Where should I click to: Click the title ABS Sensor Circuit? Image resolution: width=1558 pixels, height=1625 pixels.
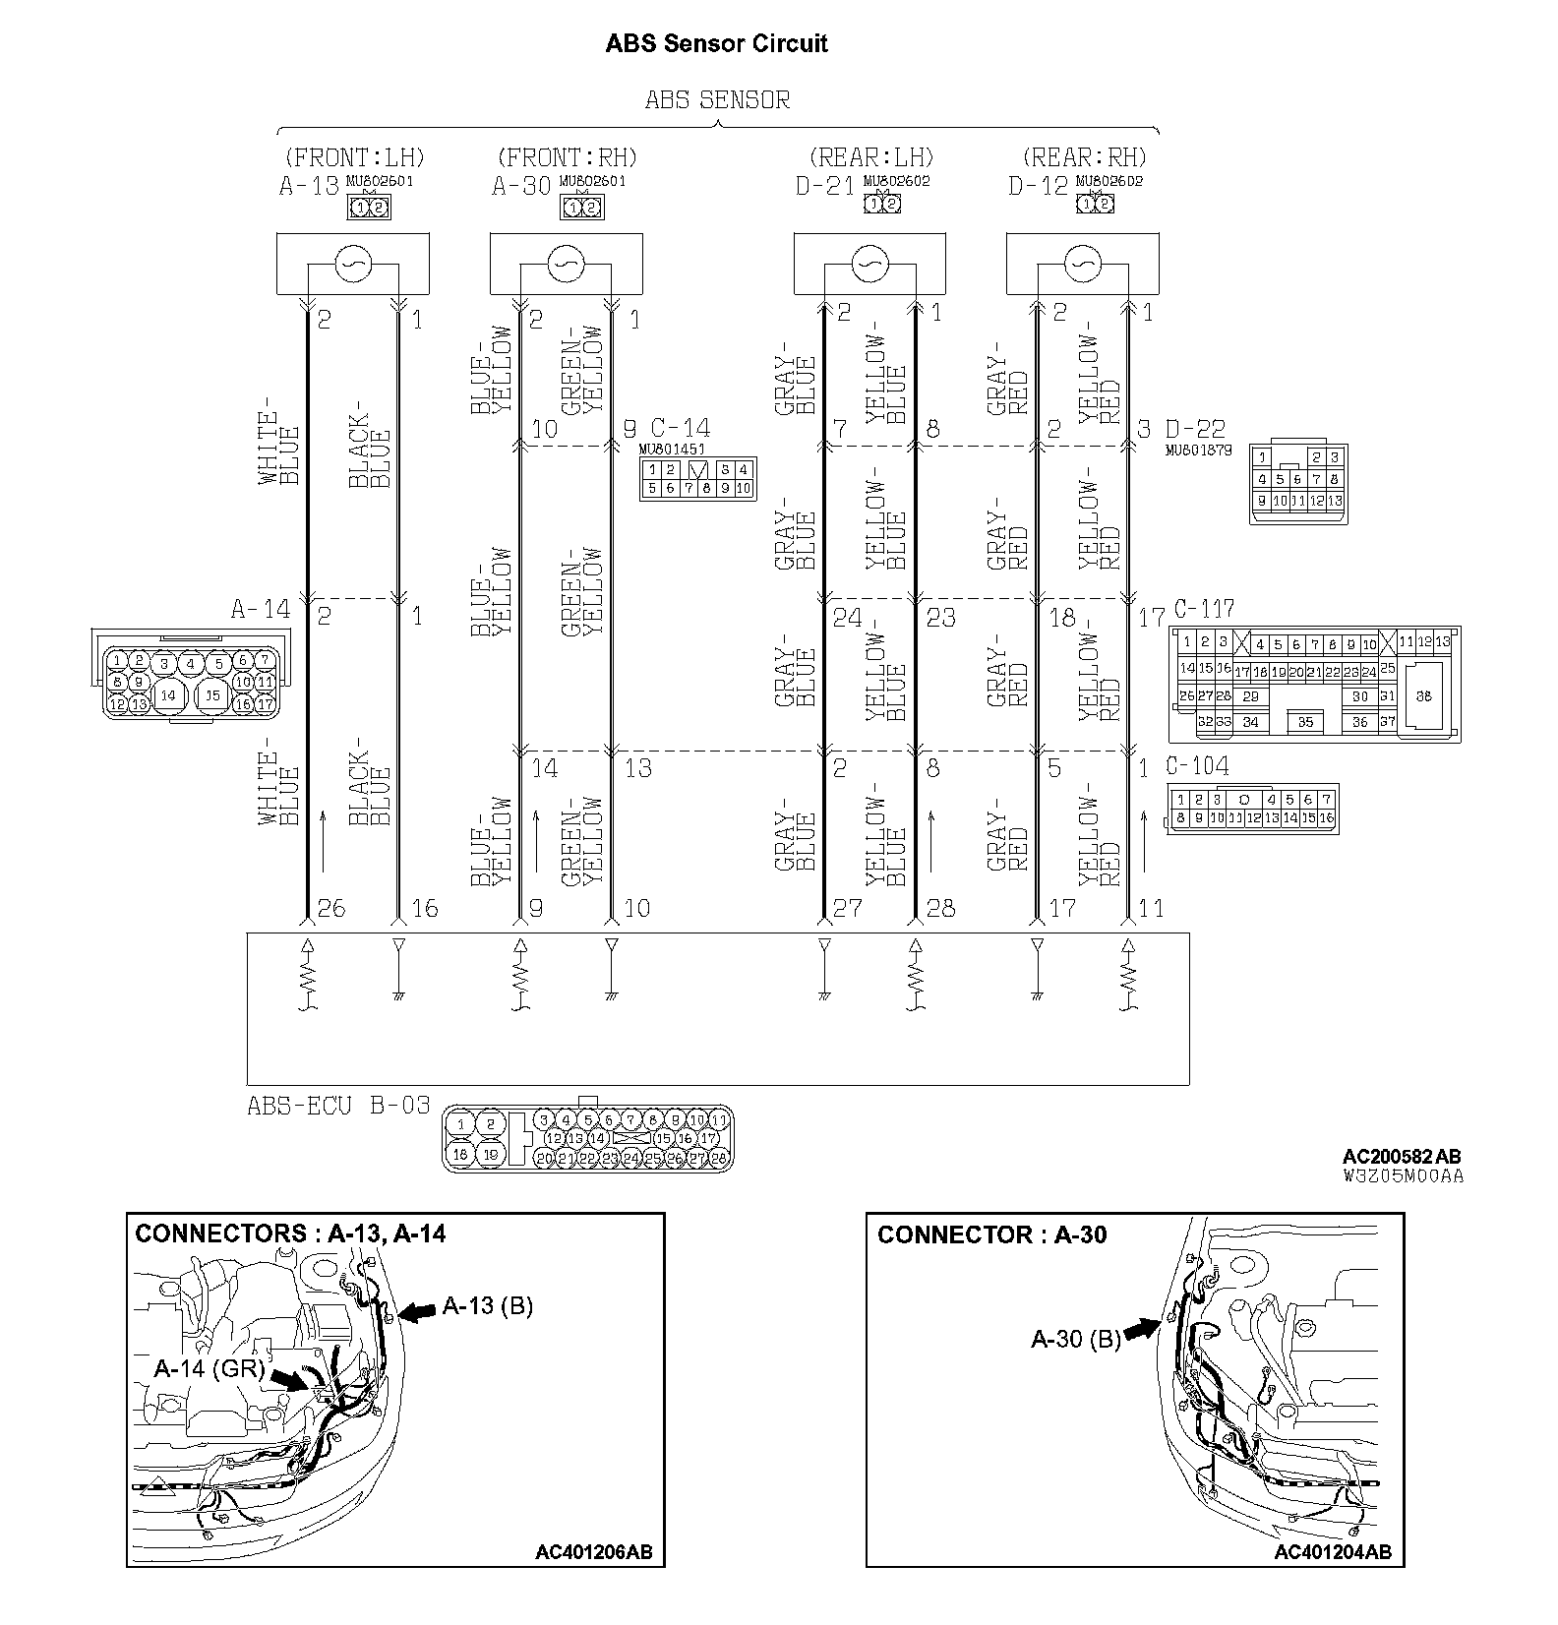pyautogui.click(x=717, y=43)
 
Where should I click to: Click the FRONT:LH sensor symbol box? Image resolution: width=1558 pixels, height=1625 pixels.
pyautogui.click(x=352, y=264)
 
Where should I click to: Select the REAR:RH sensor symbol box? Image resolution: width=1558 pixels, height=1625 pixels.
pyautogui.click(x=1082, y=264)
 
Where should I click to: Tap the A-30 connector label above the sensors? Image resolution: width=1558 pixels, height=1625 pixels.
pyautogui.click(x=522, y=186)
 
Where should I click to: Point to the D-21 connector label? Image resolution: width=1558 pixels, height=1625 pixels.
pyautogui.click(x=825, y=186)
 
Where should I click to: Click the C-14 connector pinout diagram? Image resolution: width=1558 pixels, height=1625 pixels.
pyautogui.click(x=696, y=479)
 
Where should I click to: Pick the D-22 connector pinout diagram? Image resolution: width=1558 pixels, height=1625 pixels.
pyautogui.click(x=1297, y=484)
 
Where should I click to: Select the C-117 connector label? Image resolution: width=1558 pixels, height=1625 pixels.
pyautogui.click(x=1204, y=609)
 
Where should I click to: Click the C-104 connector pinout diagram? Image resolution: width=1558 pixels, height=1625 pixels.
pyautogui.click(x=1252, y=809)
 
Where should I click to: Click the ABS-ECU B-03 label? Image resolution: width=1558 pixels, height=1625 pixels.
pyautogui.click(x=338, y=1106)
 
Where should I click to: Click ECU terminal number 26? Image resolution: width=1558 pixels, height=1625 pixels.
pyautogui.click(x=332, y=908)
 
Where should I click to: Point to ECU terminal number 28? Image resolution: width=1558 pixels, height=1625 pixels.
pyautogui.click(x=941, y=908)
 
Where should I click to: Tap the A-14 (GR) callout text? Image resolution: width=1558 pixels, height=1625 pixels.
pyautogui.click(x=210, y=1368)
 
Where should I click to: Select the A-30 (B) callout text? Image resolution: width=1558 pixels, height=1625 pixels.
pyautogui.click(x=1076, y=1339)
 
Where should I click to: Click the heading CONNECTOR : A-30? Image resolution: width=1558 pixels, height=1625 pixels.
pyautogui.click(x=991, y=1234)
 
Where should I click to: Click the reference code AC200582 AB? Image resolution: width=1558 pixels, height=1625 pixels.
pyautogui.click(x=1402, y=1157)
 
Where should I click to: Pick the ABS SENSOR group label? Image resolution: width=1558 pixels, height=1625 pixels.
pyautogui.click(x=717, y=99)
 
